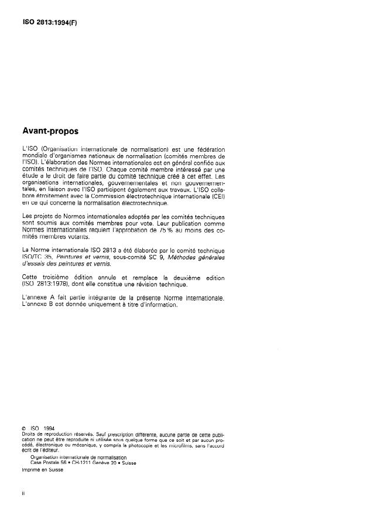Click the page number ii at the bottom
coord(23,493)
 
